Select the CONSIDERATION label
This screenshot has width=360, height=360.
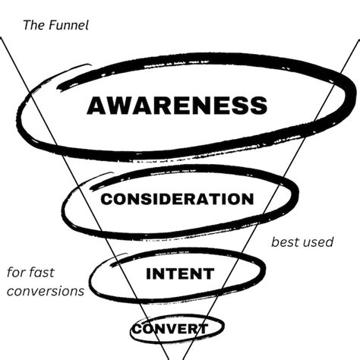(x=177, y=199)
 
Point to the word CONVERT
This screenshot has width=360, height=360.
(x=170, y=329)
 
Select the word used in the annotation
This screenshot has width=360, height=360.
(x=318, y=243)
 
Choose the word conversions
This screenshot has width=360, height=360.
(x=44, y=290)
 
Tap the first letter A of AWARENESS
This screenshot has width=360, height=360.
(x=96, y=104)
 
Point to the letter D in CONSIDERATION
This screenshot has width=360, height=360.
(x=175, y=199)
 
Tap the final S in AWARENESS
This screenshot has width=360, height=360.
(x=258, y=104)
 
